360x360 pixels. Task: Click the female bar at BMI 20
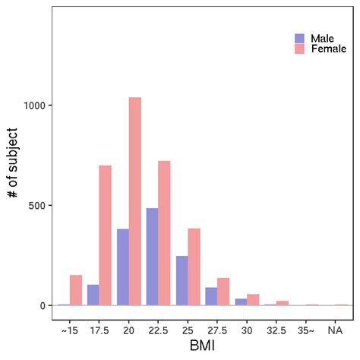tap(134, 201)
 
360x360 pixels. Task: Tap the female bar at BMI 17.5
tap(105, 235)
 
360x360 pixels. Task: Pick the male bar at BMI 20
tap(122, 267)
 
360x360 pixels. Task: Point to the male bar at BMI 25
tap(182, 280)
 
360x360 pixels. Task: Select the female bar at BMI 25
tap(194, 267)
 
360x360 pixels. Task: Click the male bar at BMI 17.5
tap(93, 295)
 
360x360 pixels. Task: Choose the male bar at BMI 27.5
tap(211, 296)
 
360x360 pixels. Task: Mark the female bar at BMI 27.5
tap(223, 292)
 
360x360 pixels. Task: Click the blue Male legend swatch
tap(299, 38)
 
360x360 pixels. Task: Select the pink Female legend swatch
tap(299, 49)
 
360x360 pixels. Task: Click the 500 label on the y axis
tap(43, 205)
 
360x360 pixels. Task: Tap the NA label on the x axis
tap(335, 330)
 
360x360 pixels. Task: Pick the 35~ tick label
tap(305, 330)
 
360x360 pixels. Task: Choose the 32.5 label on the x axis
tap(276, 330)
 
